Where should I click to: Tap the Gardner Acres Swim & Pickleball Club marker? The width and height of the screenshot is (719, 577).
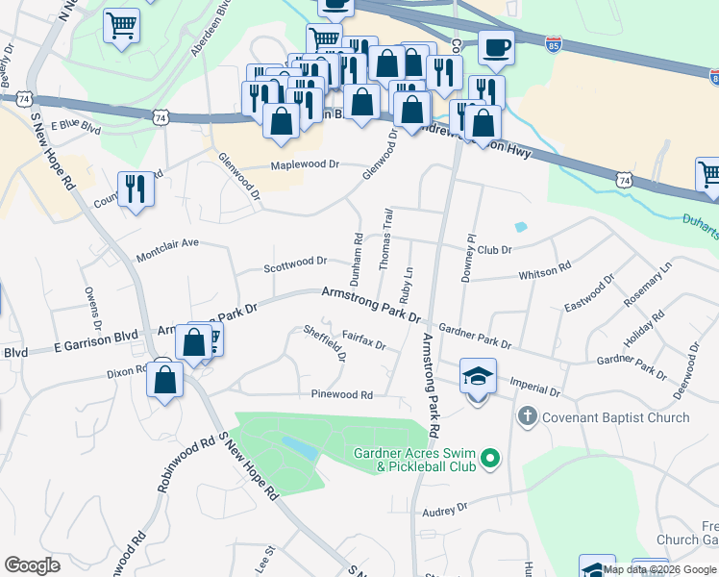point(491,460)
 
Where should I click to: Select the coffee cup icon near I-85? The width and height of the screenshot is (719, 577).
point(496,48)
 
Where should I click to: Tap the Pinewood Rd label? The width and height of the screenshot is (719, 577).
point(341,394)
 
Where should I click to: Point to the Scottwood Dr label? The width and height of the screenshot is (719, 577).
point(295,261)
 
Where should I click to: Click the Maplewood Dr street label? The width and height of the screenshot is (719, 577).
point(305,164)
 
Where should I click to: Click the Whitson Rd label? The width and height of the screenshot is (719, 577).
point(545,273)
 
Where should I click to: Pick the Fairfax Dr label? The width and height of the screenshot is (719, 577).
point(362,339)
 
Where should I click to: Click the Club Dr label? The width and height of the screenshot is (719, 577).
point(495,248)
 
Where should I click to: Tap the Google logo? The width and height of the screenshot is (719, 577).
point(32,565)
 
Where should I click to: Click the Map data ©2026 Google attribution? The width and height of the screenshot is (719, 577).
point(660,569)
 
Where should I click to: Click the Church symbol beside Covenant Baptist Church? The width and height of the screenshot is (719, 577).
point(526,417)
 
